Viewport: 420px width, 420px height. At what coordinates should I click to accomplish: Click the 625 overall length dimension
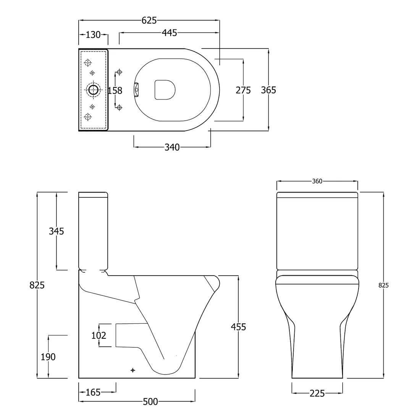149,21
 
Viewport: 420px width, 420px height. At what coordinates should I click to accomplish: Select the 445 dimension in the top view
169,33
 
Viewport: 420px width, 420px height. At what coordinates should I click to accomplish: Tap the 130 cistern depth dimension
93,35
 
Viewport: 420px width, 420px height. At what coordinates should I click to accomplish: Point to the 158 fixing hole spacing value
115,90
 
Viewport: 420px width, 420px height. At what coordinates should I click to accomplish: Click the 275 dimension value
243,90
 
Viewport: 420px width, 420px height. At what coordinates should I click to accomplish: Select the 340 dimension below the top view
172,147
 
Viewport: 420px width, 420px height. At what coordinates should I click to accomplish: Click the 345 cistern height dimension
56,231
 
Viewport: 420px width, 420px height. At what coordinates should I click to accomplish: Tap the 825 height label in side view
37,285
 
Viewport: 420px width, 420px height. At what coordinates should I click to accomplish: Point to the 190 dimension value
48,357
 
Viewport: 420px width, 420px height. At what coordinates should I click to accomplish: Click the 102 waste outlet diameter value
99,336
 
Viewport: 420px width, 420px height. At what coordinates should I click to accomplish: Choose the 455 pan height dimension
238,327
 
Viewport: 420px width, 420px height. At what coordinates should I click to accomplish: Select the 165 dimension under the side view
93,392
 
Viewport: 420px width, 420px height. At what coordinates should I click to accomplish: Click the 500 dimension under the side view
150,401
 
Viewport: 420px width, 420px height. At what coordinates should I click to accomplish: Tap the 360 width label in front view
317,181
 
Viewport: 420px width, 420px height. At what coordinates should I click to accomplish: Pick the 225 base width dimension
317,393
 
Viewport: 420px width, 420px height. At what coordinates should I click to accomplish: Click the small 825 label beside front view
384,285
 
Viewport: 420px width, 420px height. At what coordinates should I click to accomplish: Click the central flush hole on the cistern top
93,90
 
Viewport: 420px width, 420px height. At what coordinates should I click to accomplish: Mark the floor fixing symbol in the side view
132,370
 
